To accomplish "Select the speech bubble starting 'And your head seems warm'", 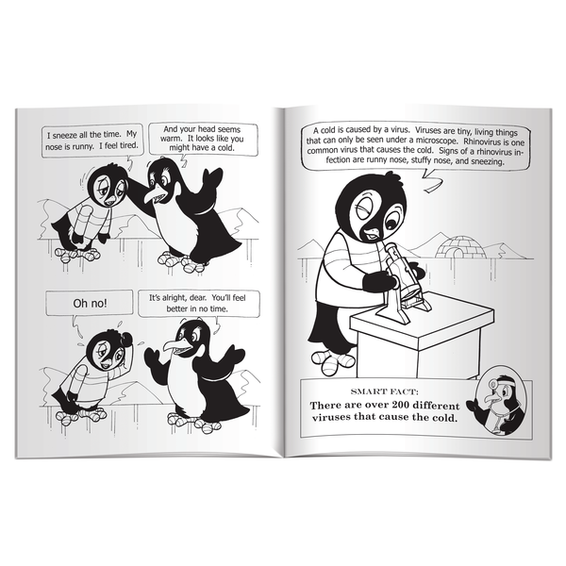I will pos(203,141).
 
